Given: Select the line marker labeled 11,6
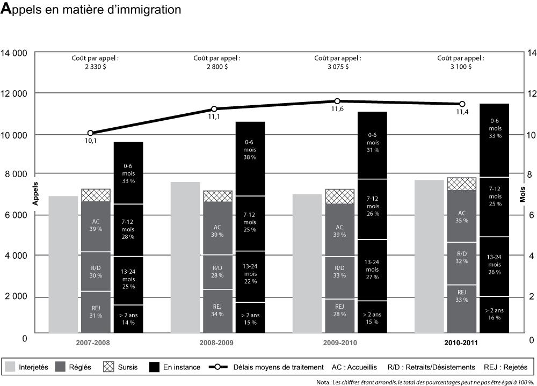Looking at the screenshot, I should coord(337,101).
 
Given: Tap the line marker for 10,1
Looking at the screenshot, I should coord(90,133).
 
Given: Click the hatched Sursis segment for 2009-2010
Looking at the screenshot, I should coord(339,196).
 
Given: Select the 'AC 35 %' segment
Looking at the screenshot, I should coord(461,216).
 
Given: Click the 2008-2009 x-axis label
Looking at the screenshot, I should coord(217,342).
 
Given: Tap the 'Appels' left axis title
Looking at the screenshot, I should coord(36,193).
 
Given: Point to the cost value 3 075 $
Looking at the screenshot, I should coord(337,67).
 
